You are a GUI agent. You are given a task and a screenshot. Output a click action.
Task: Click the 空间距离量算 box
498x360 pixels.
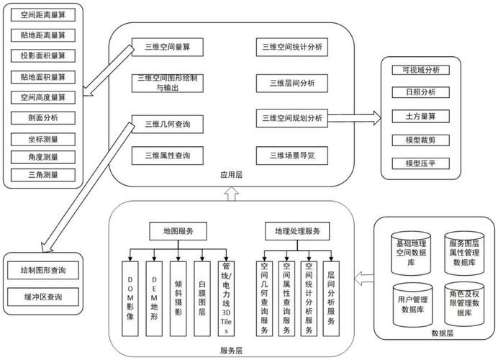(43, 15)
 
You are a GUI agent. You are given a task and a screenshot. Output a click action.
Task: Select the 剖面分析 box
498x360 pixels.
(43, 118)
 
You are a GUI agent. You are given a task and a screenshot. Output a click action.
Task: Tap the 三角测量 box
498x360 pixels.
(43, 175)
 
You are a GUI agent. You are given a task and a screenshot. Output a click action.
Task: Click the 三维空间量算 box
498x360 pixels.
(168, 47)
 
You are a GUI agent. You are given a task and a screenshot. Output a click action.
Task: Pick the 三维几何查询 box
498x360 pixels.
(168, 125)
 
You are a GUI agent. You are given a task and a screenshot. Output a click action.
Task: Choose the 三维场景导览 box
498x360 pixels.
(292, 156)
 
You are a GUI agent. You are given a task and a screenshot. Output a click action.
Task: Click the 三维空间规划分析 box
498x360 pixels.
(292, 118)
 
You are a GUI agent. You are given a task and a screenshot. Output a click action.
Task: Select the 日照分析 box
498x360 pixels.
(420, 92)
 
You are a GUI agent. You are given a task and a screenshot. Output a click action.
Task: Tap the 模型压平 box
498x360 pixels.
(420, 163)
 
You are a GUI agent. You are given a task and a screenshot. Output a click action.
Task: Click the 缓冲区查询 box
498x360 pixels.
(43, 297)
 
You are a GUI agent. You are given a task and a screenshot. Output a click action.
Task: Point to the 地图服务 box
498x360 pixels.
(178, 231)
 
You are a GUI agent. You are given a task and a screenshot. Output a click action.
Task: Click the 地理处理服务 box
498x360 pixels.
(297, 231)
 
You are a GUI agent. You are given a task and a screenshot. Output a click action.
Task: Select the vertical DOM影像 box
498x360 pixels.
(130, 299)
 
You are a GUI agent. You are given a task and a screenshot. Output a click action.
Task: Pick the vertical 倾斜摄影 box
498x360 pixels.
(178, 299)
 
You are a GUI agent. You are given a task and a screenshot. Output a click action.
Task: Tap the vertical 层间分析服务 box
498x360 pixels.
(331, 299)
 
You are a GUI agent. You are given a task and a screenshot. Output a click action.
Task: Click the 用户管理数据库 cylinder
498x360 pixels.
(412, 305)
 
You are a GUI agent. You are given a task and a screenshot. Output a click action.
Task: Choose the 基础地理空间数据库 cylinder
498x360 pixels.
(411, 253)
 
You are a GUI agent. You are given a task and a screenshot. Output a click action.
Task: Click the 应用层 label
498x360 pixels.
(231, 175)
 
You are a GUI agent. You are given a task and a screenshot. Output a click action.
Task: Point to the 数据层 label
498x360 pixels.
(442, 333)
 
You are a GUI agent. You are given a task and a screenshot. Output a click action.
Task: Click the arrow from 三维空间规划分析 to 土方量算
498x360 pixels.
(355, 118)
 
